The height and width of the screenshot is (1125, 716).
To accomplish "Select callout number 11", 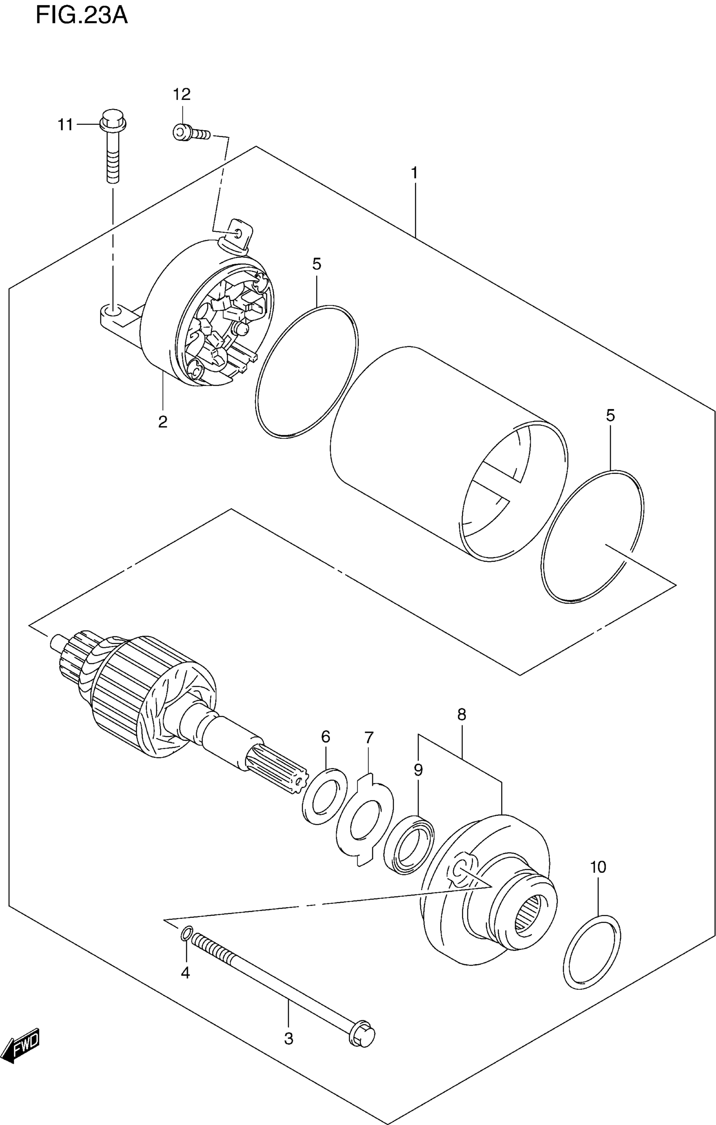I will pyautogui.click(x=65, y=125).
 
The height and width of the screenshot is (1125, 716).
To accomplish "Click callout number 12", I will pyautogui.click(x=182, y=95).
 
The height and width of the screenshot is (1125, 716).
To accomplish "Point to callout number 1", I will pyautogui.click(x=414, y=174).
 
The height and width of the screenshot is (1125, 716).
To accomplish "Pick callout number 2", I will pyautogui.click(x=163, y=422).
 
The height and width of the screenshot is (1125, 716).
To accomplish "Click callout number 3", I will pyautogui.click(x=289, y=1039).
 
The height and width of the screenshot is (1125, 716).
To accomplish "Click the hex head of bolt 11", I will pyautogui.click(x=112, y=120).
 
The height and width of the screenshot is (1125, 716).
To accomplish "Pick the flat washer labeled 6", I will pyautogui.click(x=325, y=796).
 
